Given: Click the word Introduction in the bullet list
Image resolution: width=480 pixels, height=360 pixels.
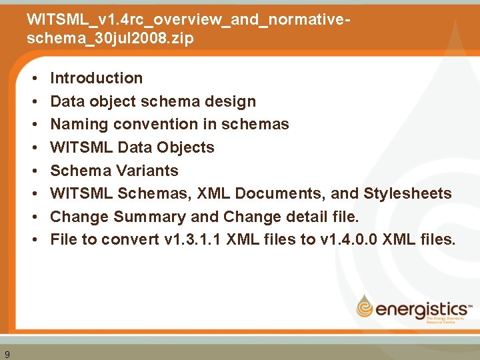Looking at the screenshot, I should point(97,78).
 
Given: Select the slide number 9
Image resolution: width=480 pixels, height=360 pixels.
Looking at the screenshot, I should point(7,354).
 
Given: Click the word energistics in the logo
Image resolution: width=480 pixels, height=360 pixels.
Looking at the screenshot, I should point(421,309).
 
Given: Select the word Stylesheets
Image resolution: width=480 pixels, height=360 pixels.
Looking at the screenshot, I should point(407,194).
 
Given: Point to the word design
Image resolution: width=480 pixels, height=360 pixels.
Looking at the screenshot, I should point(233,101).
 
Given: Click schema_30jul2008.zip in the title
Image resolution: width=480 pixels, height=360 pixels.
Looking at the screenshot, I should point(110,38).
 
